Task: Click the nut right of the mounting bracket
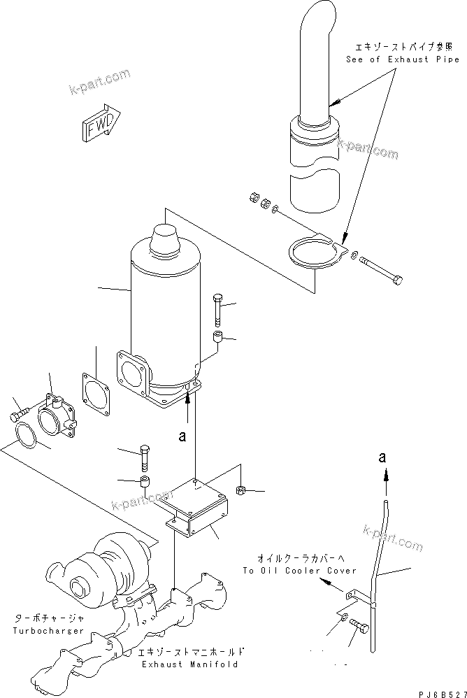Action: point(240,491)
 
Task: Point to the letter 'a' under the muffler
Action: point(182,436)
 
